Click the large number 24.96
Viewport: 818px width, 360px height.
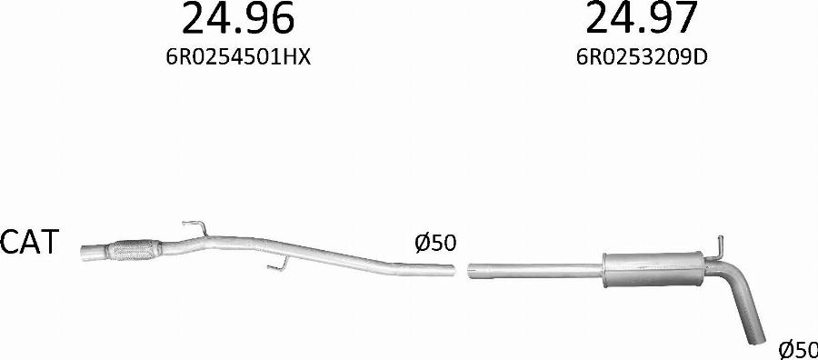click(x=238, y=17)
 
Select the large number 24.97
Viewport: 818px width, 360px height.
click(x=641, y=17)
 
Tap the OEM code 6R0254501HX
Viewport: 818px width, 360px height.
click(x=238, y=57)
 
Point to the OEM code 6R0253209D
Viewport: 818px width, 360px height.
click(x=642, y=57)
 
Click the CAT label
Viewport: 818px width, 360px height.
click(x=29, y=242)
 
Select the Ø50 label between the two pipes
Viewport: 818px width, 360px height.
click(x=435, y=243)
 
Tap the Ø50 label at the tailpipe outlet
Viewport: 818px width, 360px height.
click(x=798, y=350)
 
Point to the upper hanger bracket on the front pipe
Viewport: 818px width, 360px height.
click(x=195, y=228)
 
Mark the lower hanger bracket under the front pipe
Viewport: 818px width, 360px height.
click(x=278, y=264)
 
